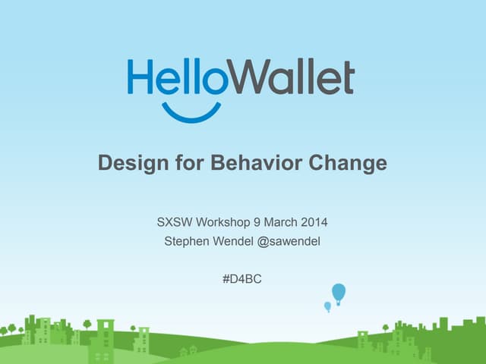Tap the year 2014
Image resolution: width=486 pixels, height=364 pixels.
(314, 223)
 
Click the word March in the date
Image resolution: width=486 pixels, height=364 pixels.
(280, 223)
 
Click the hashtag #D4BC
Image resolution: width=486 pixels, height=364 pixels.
(242, 279)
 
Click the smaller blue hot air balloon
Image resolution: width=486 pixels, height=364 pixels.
(328, 306)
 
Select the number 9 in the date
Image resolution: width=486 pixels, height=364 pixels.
(257, 223)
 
